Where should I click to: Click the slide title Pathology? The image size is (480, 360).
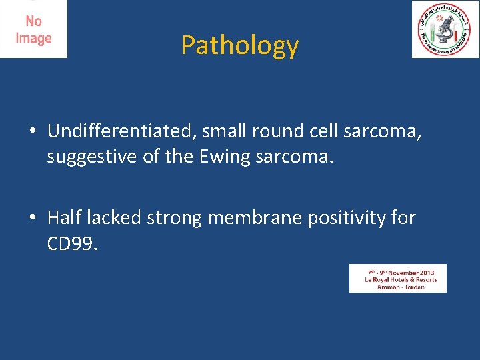tap(240, 45)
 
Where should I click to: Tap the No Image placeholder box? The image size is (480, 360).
tap(33, 29)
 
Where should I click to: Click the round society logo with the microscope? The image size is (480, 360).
tap(445, 29)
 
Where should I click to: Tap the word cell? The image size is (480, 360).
tap(326, 131)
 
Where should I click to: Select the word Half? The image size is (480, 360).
tap(65, 218)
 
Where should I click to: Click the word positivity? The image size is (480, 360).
tap(347, 218)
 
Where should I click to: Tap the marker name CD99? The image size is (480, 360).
tap(72, 244)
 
